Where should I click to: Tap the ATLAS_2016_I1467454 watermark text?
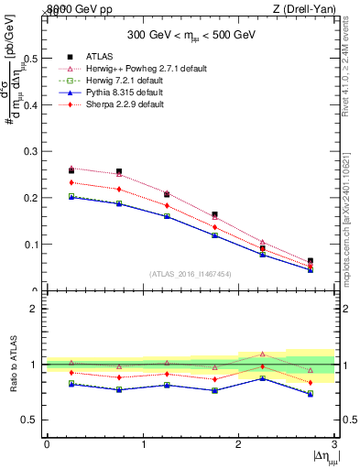click(x=191, y=273)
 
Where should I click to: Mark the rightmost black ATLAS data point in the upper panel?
click(x=311, y=261)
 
